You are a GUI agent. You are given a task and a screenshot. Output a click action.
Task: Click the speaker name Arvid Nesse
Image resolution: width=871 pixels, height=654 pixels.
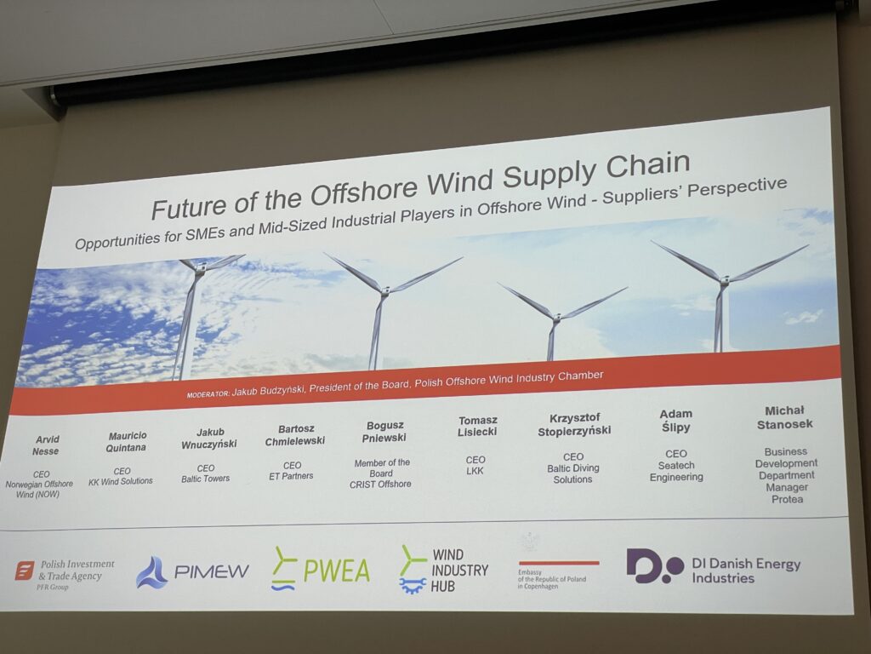(46, 445)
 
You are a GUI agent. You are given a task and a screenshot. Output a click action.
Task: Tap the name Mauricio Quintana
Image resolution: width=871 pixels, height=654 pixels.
(128, 442)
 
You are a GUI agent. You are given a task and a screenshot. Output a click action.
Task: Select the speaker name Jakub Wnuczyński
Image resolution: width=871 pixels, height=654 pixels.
(209, 438)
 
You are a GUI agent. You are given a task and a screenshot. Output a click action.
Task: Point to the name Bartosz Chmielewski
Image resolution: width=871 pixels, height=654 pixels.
(295, 435)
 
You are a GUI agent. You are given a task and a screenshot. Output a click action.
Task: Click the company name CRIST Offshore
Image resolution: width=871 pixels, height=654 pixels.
(380, 485)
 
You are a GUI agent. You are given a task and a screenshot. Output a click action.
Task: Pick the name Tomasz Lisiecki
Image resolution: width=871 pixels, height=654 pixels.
(478, 426)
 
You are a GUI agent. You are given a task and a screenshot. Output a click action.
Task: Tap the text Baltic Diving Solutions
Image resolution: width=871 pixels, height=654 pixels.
(573, 473)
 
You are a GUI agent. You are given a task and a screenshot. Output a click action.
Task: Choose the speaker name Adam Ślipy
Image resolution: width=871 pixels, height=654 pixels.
(675, 421)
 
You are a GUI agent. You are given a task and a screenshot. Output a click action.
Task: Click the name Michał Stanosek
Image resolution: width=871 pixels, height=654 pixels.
(784, 417)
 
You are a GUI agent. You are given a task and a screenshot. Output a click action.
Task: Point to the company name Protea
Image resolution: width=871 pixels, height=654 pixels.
(787, 499)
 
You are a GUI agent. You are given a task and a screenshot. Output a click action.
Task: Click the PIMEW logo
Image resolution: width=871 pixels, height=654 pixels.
(192, 571)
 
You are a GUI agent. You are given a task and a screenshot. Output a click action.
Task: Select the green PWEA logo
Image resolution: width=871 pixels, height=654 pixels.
(321, 568)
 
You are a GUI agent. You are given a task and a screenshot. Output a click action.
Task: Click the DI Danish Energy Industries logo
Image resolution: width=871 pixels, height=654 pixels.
(714, 567)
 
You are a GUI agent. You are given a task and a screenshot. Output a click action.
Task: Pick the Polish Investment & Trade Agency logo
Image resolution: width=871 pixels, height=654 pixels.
(65, 574)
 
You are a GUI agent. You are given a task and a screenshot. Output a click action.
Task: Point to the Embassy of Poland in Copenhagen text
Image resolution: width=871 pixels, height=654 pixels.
(551, 579)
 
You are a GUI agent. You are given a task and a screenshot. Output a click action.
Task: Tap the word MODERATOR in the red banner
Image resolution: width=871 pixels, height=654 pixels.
(208, 394)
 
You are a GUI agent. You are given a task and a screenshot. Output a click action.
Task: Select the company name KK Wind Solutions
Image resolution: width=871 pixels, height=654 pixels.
(121, 482)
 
